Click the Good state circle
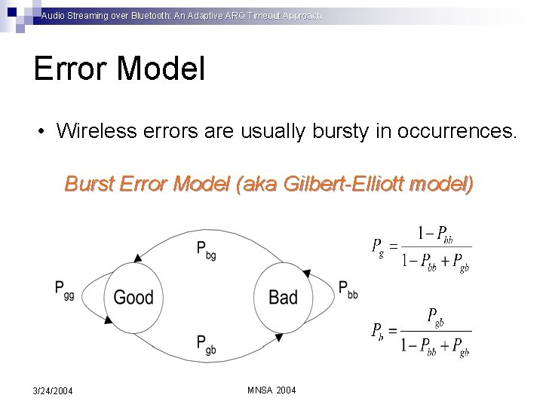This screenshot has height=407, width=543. (133, 297)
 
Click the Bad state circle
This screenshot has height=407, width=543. (283, 297)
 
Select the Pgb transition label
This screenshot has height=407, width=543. (206, 344)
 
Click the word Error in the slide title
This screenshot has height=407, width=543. (71, 69)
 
